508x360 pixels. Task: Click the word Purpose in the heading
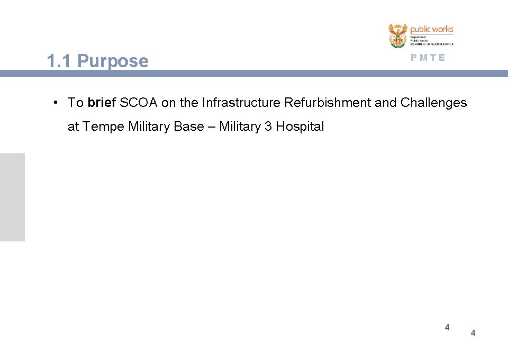[113, 62]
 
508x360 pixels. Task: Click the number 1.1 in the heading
[59, 62]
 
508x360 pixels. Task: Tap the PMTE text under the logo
[428, 58]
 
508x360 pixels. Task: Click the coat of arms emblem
[398, 36]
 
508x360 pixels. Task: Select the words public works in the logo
[432, 29]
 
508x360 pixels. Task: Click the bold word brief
[102, 103]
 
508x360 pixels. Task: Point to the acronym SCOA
[139, 103]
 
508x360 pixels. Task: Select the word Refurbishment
[328, 103]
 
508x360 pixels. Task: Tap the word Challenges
[434, 103]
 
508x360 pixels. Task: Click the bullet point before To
[56, 103]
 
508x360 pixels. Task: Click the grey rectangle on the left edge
[12, 197]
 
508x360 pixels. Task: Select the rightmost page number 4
[473, 333]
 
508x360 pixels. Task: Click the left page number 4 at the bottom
[447, 327]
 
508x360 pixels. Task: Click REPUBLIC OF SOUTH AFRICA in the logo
[431, 44]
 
